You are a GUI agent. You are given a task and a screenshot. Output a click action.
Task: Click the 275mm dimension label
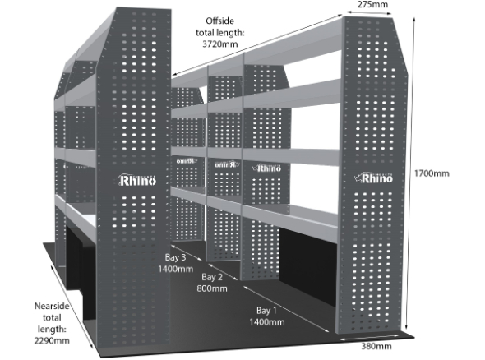pyautogui.click(x=372, y=4)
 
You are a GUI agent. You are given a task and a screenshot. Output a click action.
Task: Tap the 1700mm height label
pyautogui.click(x=432, y=173)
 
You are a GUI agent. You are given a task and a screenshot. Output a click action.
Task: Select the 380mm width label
pyautogui.click(x=376, y=346)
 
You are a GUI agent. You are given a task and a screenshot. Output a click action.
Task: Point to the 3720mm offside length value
pyautogui.click(x=220, y=44)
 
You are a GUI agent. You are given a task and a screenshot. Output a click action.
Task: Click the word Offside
pyautogui.click(x=220, y=21)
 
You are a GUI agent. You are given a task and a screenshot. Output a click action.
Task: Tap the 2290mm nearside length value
pyautogui.click(x=52, y=340)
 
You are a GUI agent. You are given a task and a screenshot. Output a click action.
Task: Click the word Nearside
pyautogui.click(x=52, y=307)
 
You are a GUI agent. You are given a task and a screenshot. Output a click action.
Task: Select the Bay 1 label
pyautogui.click(x=266, y=310)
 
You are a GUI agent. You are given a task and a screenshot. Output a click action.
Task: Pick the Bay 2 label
pyautogui.click(x=212, y=277)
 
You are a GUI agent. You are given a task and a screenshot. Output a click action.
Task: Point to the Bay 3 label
pyautogui.click(x=175, y=257)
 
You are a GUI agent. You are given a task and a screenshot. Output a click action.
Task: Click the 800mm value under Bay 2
pyautogui.click(x=212, y=288)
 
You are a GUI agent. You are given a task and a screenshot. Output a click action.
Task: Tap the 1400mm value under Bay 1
pyautogui.click(x=267, y=322)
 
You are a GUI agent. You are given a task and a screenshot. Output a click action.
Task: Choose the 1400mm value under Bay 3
pyautogui.click(x=175, y=269)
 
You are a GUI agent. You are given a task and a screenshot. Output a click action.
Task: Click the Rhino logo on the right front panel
pyautogui.click(x=373, y=178)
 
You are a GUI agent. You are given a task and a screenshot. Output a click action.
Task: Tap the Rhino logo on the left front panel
pyautogui.click(x=137, y=180)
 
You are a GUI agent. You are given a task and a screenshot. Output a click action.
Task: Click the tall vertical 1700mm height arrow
pyautogui.click(x=410, y=173)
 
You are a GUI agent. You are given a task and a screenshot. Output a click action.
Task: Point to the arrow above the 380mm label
pyautogui.click(x=369, y=337)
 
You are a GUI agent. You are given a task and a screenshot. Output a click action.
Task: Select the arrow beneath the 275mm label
pyautogui.click(x=369, y=12)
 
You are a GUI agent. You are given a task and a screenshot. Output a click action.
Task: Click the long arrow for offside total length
pyautogui.click(x=257, y=44)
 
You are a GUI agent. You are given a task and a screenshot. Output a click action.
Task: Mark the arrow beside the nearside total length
pyautogui.click(x=72, y=307)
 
